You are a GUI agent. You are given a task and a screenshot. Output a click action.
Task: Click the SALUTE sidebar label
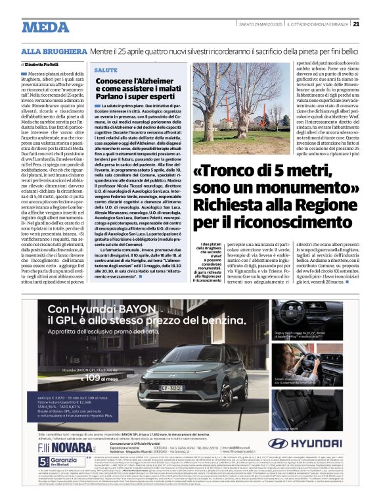[x=106, y=70]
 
